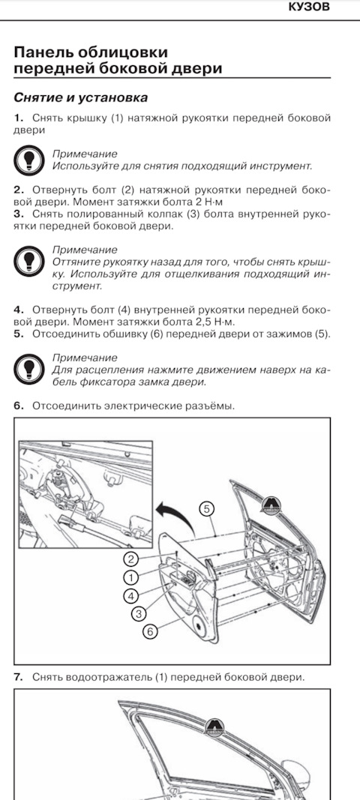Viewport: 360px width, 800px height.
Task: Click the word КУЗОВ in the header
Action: pyautogui.click(x=310, y=7)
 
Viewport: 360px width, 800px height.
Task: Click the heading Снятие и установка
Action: pyautogui.click(x=81, y=97)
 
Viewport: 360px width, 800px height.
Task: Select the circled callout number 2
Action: pyautogui.click(x=131, y=559)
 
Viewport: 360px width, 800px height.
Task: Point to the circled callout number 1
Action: pyautogui.click(x=131, y=577)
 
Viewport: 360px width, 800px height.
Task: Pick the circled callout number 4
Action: pyautogui.click(x=131, y=595)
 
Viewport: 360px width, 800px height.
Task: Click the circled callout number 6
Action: pyautogui.click(x=149, y=632)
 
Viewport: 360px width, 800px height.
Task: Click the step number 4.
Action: pyautogui.click(x=19, y=310)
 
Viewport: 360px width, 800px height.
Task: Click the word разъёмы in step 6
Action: pyautogui.click(x=208, y=406)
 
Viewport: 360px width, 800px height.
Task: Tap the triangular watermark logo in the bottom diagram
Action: pyautogui.click(x=214, y=725)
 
